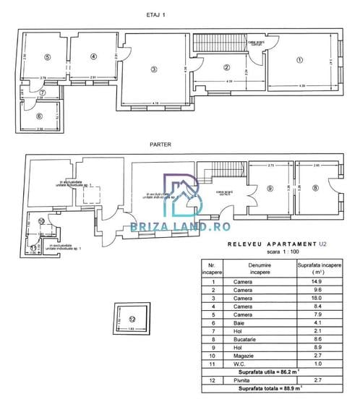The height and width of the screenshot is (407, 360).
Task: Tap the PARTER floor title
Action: [160, 144]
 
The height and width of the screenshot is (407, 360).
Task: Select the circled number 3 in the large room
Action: [153, 69]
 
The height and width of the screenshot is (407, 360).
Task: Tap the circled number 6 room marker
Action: [39, 115]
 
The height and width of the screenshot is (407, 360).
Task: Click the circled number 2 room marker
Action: [226, 67]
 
